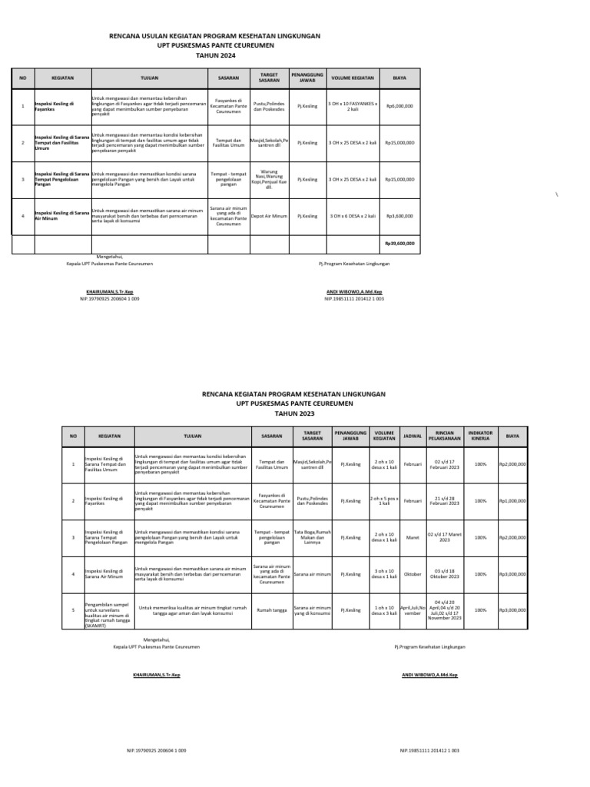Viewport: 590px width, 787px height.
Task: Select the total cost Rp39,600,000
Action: (x=399, y=243)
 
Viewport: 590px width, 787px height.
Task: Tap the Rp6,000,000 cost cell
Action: (x=399, y=105)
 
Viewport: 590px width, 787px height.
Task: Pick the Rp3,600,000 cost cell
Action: (x=399, y=217)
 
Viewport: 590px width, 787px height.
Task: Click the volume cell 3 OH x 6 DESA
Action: (x=352, y=217)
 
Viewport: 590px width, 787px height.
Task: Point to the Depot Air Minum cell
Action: (x=269, y=217)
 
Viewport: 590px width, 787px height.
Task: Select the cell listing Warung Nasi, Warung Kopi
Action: (x=269, y=179)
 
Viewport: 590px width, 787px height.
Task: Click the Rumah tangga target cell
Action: (x=270, y=610)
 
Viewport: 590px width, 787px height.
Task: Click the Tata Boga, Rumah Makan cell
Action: (x=312, y=537)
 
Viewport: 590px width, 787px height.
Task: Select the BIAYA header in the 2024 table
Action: (x=399, y=78)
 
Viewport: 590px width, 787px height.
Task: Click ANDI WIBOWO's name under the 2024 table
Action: (x=354, y=293)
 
